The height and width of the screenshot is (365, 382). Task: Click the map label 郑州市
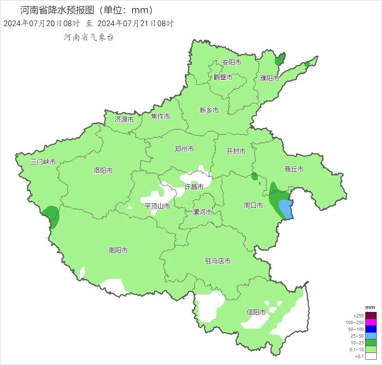pos(184,149)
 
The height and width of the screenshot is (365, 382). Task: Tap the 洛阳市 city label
pos(103,171)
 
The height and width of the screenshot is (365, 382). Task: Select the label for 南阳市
pos(118,251)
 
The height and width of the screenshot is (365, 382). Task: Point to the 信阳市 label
pos(256,312)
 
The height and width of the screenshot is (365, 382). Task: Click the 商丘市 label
pos(294,170)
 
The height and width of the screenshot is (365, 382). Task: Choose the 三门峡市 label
pos(43,162)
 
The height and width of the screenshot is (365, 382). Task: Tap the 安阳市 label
pos(231,63)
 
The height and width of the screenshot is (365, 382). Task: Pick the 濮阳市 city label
pos(269,78)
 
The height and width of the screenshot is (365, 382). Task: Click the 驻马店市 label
pos(218,261)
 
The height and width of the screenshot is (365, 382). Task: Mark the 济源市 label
pos(124,120)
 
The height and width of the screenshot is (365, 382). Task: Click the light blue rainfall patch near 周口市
pos(286,209)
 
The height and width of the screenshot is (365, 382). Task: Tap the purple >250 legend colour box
pos(371,316)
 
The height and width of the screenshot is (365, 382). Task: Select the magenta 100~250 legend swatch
pos(371,322)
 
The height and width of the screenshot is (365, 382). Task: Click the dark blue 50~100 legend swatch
pos(371,329)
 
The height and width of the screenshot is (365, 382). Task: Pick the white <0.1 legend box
pos(371,356)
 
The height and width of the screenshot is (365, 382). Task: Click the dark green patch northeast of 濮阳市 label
pos(280,60)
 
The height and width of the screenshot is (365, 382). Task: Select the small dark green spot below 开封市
pos(254,176)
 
